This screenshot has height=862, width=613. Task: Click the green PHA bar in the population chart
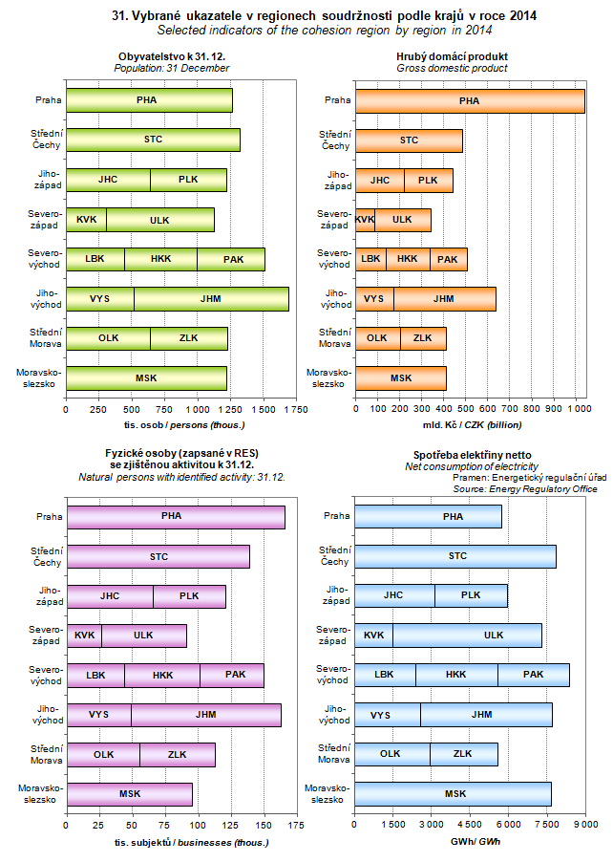(148, 100)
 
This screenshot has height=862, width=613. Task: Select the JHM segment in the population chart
(210, 298)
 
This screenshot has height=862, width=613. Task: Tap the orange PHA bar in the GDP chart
(469, 100)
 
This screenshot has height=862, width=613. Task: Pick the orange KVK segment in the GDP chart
(364, 219)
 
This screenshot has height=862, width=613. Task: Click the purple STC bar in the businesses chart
(158, 556)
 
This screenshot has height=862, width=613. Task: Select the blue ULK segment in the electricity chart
(466, 635)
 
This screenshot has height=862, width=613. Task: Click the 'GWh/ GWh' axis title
(468, 842)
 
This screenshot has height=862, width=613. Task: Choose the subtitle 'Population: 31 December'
(172, 69)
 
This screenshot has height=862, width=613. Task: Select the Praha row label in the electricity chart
(336, 517)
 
